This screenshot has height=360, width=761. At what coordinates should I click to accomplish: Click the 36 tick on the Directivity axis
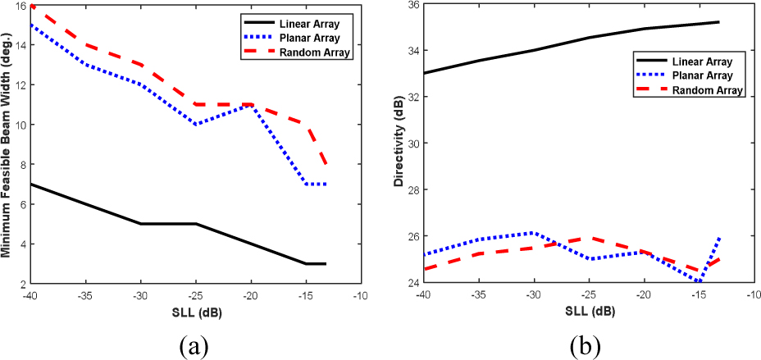point(411,6)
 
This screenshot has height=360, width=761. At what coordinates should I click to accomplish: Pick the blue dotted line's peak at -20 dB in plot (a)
point(250,105)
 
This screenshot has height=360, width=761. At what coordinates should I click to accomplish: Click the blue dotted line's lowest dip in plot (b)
point(699,281)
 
